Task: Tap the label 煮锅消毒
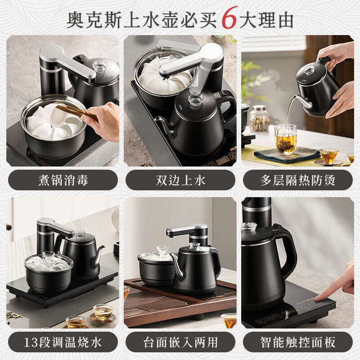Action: click(63, 180)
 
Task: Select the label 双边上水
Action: click(180, 180)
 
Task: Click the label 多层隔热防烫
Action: click(297, 180)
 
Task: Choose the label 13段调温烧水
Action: click(63, 342)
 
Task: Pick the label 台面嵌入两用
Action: click(180, 342)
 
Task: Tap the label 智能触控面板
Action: click(297, 342)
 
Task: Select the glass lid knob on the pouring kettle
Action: click(309, 70)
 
